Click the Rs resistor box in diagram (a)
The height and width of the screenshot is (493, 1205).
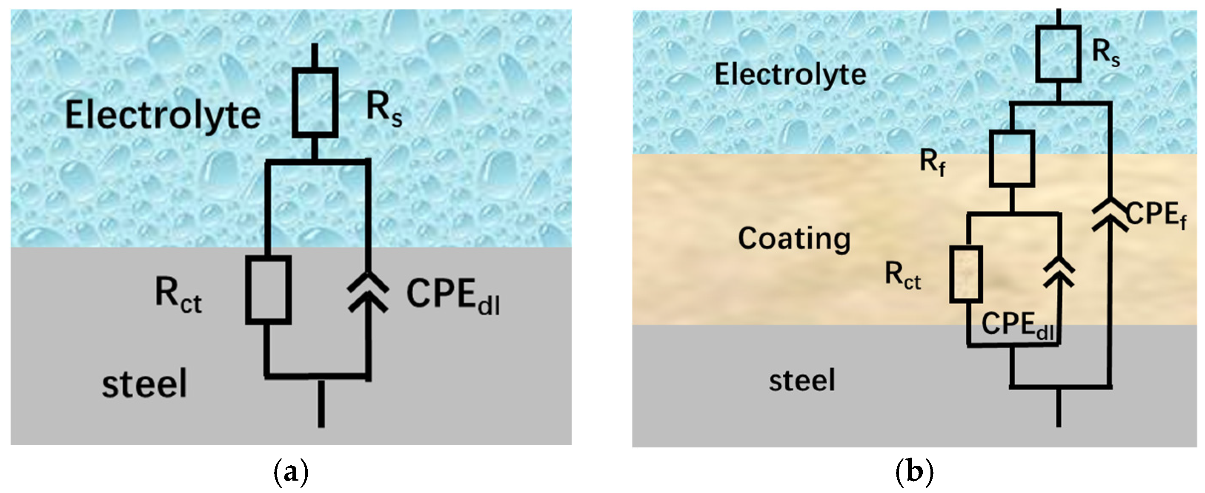315,103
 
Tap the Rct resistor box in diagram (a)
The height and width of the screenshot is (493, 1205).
268,289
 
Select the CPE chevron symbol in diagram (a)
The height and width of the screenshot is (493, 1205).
368,294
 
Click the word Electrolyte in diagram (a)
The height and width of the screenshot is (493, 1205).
162,115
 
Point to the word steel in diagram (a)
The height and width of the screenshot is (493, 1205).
145,383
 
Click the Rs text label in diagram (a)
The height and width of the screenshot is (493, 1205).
384,110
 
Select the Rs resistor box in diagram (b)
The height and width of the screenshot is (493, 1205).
1058,54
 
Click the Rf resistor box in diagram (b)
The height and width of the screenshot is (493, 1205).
1011,158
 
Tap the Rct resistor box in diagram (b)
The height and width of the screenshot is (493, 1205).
965,274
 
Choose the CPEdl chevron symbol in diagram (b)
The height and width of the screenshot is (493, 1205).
1059,272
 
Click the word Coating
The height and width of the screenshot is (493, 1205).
794,238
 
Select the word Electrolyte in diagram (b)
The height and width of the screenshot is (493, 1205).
790,75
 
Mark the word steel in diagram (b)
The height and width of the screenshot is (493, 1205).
802,380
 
